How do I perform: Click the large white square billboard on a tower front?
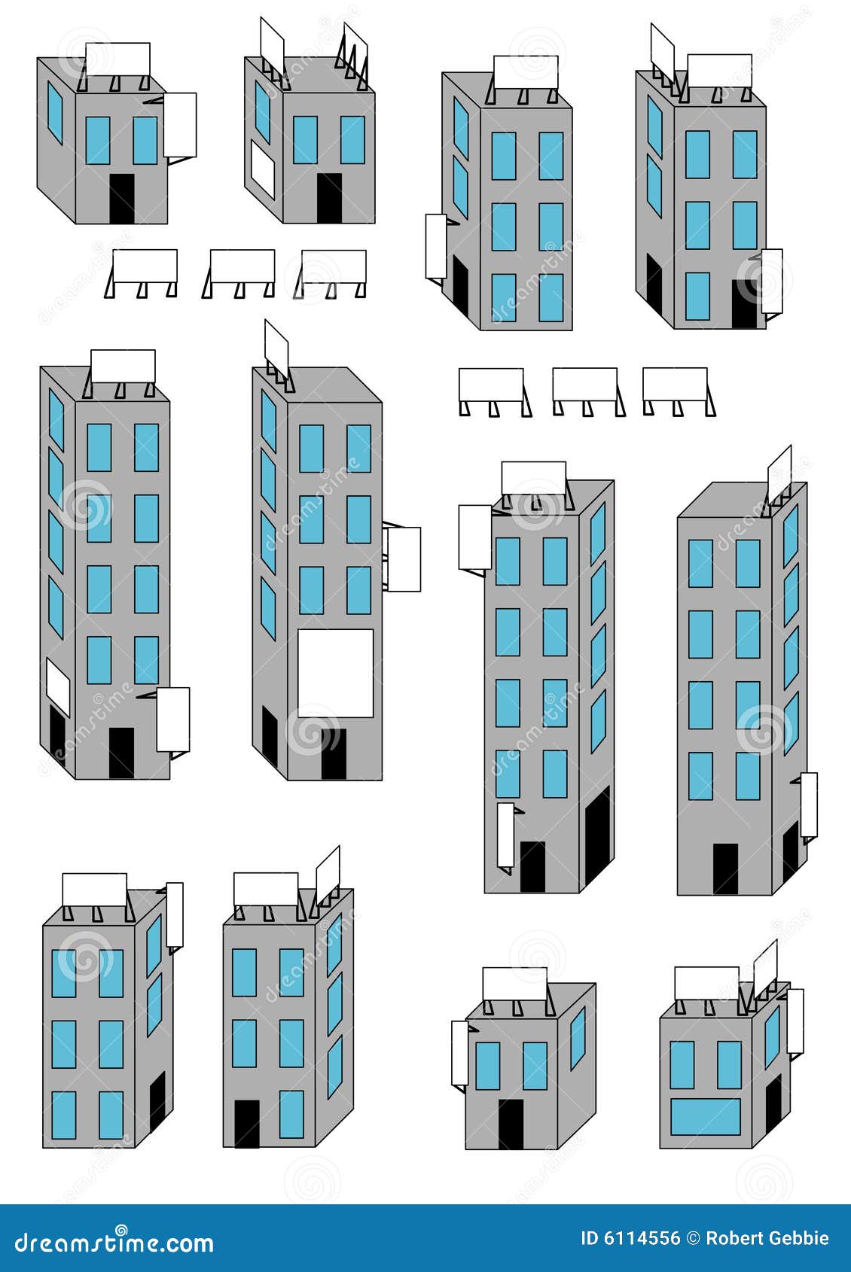(x=335, y=673)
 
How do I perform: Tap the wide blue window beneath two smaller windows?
(x=706, y=1116)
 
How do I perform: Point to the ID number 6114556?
(x=641, y=1239)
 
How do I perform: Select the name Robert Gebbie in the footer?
(x=767, y=1239)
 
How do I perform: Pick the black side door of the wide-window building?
(x=773, y=1105)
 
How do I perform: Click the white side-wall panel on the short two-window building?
(x=263, y=171)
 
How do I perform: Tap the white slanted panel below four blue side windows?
(x=58, y=686)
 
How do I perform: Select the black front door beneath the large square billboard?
(x=334, y=753)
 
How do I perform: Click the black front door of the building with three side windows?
(x=246, y=1124)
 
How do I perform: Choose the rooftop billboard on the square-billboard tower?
(x=276, y=350)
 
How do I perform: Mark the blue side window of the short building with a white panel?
(x=262, y=111)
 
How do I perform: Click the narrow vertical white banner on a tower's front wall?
(x=505, y=835)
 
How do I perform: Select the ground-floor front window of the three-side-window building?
(x=291, y=1114)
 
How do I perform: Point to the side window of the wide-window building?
(x=772, y=1036)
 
